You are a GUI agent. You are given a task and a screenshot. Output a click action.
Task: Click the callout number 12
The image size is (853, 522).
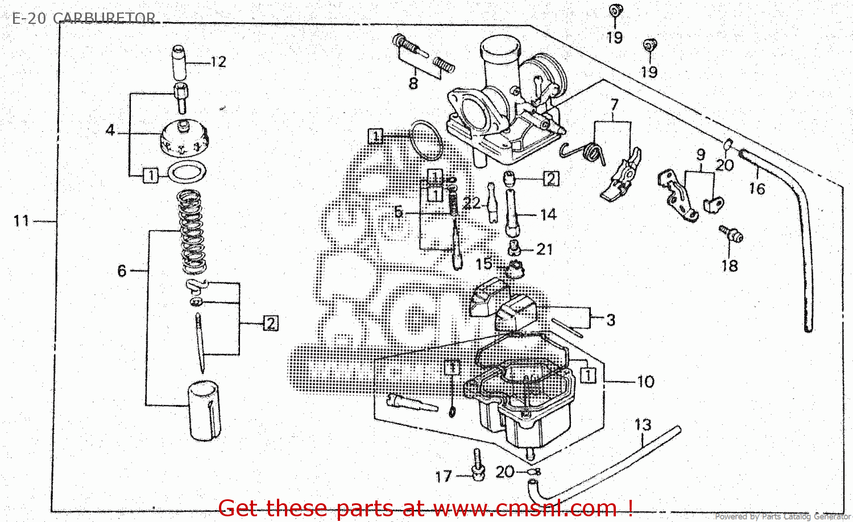[218, 62]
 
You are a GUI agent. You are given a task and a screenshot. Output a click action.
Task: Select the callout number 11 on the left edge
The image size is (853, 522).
[21, 220]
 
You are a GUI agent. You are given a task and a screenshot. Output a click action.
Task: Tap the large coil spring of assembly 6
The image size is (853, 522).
[192, 232]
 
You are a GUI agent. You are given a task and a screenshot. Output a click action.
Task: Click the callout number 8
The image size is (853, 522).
[413, 83]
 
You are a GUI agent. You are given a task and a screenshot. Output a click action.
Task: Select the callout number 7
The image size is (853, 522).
[614, 105]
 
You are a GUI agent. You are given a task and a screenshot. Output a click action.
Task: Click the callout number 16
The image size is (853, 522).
[757, 189]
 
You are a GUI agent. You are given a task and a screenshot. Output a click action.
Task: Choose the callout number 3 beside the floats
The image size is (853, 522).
[611, 320]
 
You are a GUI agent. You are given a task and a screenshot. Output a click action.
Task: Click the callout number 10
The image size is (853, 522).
[645, 382]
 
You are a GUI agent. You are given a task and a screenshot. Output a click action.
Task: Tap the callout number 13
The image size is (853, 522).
[643, 425]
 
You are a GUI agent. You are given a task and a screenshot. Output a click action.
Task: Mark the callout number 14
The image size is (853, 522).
[548, 215]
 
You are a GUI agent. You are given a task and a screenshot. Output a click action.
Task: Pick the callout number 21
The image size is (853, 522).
[544, 249]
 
